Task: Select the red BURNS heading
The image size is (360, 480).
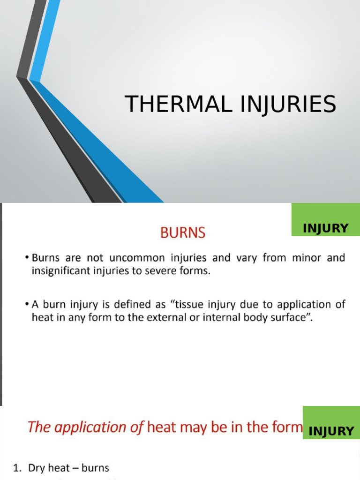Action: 183,232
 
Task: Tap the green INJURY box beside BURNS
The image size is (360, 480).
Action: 326,228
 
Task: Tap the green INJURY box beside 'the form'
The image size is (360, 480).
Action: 331,431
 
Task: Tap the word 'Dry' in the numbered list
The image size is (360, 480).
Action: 36,468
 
